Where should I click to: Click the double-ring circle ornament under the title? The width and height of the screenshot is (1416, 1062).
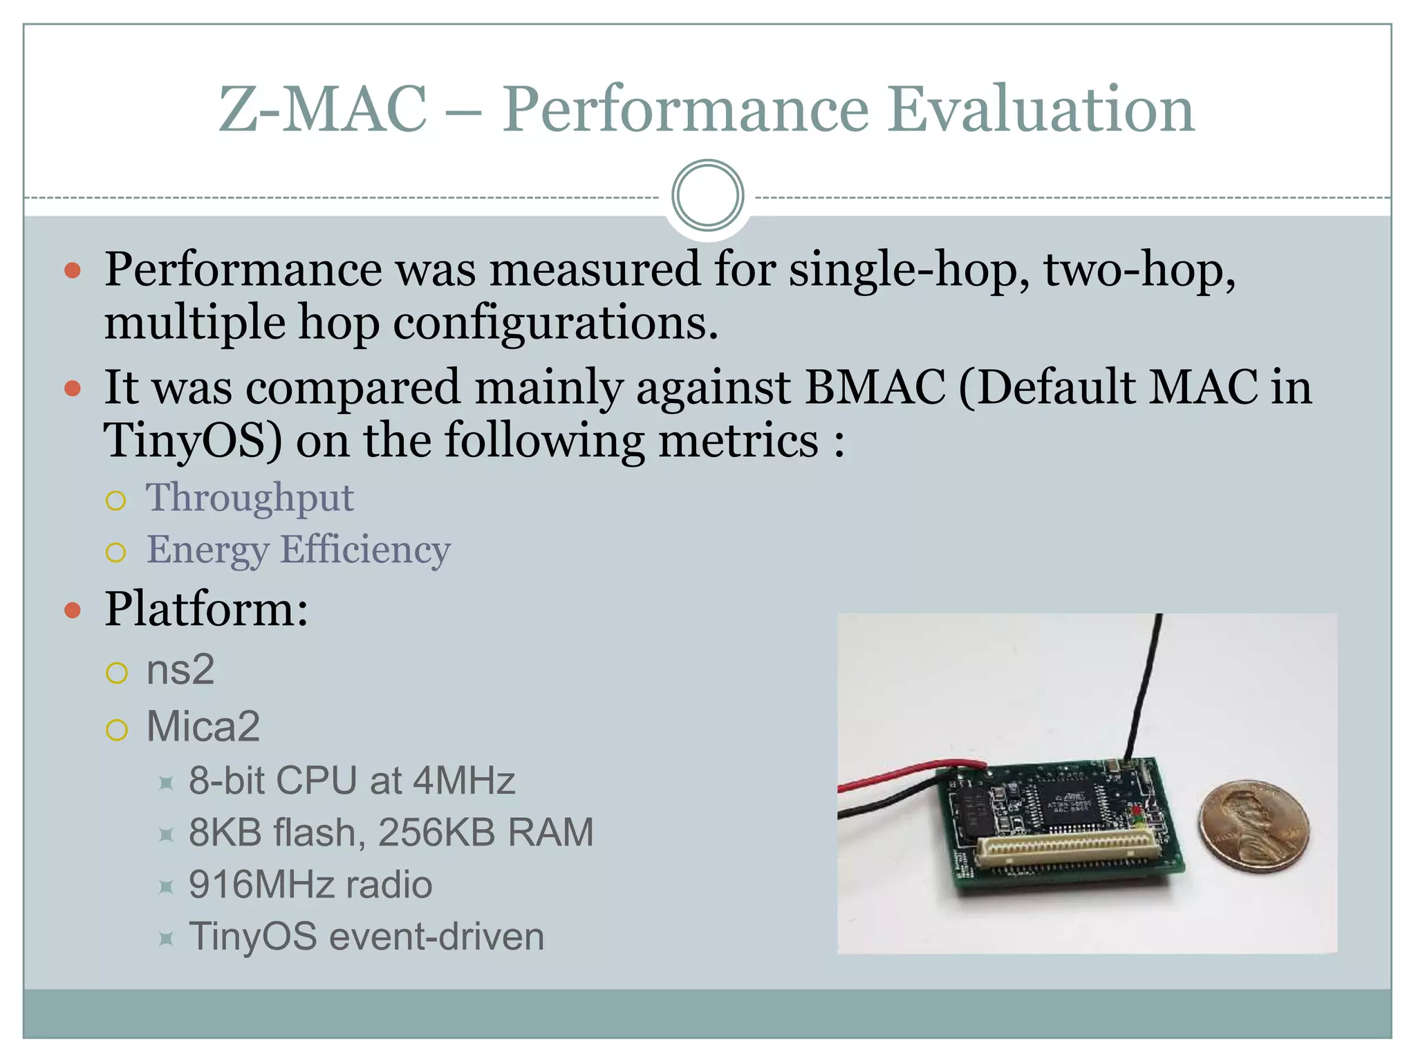707,195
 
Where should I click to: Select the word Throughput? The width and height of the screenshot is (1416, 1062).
250,498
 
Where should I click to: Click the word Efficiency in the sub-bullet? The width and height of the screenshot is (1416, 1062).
365,550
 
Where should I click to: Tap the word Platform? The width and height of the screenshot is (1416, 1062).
206,609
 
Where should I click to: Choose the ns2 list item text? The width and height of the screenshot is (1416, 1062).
180,670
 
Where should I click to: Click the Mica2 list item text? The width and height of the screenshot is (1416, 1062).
203,727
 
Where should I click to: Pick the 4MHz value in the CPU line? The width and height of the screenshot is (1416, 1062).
464,781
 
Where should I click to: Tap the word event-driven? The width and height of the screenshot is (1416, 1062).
437,937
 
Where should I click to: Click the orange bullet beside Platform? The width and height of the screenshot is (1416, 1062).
73,611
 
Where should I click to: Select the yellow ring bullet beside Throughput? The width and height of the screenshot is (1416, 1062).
116,500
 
